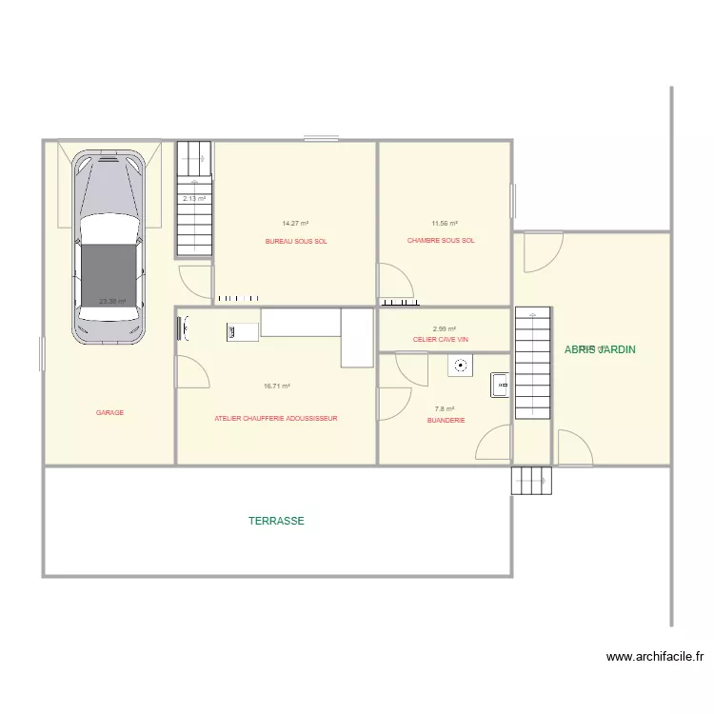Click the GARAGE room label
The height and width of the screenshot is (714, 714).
point(109,413)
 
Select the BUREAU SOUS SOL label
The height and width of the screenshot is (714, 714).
point(296,242)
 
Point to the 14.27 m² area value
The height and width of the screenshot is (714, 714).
point(295,224)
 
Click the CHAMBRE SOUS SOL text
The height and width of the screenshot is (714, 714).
point(441,241)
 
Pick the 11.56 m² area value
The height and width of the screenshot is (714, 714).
point(445,224)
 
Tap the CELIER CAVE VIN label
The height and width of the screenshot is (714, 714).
point(441,339)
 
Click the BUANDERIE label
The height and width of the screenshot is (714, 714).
point(446,420)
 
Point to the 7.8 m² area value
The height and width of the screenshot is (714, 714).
point(446,409)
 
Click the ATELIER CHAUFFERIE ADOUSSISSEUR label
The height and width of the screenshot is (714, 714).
point(276,418)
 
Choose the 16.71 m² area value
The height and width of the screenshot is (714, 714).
point(277,387)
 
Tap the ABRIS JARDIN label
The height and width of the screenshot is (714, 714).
point(600,349)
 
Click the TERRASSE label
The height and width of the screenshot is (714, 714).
point(276,521)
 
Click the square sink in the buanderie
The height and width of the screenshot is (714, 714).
point(501,386)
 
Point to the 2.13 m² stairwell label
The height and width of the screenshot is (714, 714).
point(194,199)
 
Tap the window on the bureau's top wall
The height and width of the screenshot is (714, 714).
point(322,140)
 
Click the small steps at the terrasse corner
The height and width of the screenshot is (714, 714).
point(531,481)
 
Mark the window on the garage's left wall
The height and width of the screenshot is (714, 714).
point(42,353)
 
